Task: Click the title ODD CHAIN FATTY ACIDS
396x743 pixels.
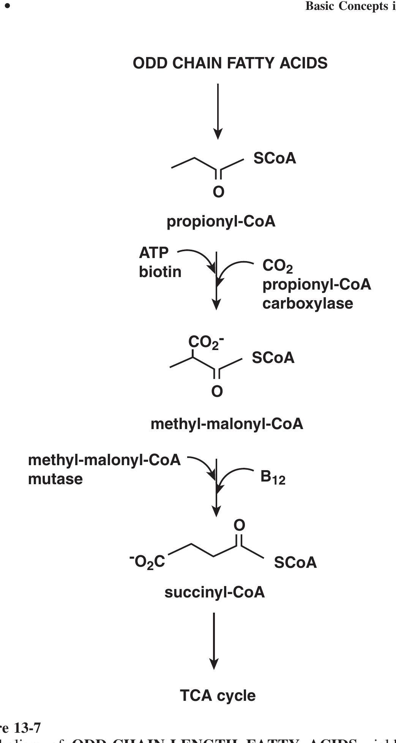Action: pos(230,63)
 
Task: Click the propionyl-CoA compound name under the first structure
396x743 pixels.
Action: pos(221,221)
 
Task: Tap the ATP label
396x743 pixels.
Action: pos(154,253)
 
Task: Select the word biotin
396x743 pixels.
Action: pos(160,272)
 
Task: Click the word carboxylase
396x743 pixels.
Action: pos(308,303)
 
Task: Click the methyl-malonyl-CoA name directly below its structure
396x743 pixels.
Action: pos(227,424)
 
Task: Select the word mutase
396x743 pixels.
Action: pos(55,479)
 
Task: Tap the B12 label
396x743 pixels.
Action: pos(273,477)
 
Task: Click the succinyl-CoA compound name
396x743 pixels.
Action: pos(215,592)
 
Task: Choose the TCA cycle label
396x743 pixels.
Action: pos(218,695)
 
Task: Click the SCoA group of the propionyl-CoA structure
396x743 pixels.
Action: pos(275,158)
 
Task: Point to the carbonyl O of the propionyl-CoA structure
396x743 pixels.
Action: pos(218,192)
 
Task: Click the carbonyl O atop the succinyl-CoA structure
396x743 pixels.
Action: pos(239,526)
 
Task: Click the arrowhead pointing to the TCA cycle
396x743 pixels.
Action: pos(214,664)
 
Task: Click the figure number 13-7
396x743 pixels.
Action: pos(27,728)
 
